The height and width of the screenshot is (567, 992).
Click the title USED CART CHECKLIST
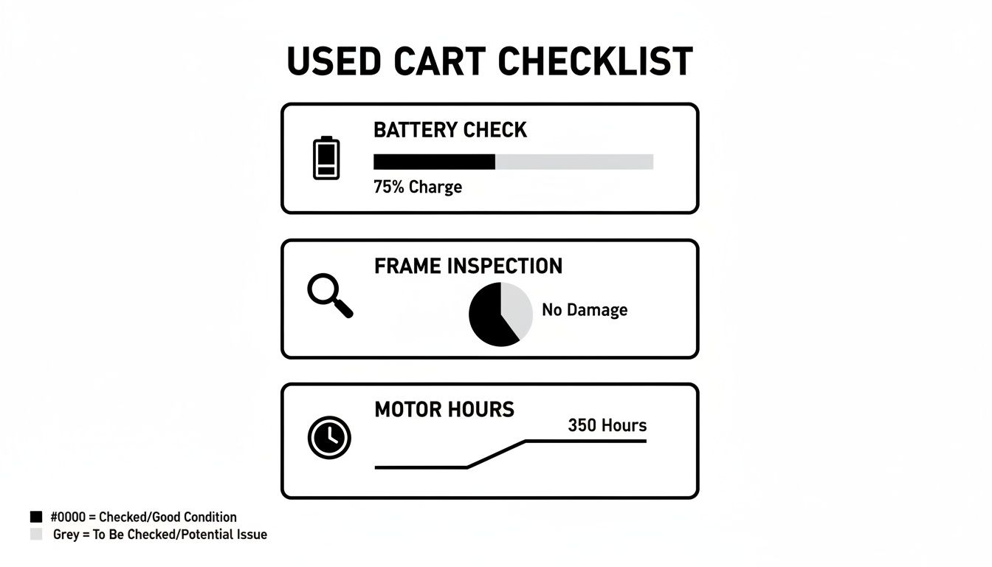coord(489,62)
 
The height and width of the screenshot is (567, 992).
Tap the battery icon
coord(327,157)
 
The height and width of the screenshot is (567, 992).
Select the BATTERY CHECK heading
coord(450,130)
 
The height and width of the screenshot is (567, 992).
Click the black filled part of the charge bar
coord(434,162)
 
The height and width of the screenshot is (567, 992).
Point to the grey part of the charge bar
coord(574,162)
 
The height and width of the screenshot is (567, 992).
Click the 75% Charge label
coord(418,187)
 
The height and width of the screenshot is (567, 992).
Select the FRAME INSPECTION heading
coord(468,266)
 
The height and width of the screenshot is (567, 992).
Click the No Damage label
coord(585,310)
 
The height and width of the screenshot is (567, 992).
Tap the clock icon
coord(329,438)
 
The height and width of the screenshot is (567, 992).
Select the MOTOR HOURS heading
coord(444,409)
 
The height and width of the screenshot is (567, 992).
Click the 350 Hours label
coord(607,425)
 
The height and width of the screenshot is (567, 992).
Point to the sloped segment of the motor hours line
coord(496,454)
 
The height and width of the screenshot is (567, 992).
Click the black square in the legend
coord(36,517)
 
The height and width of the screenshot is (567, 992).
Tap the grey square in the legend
coord(36,534)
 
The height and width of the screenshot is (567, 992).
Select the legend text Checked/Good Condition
coord(168,517)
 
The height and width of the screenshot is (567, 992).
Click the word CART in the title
coord(447,62)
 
